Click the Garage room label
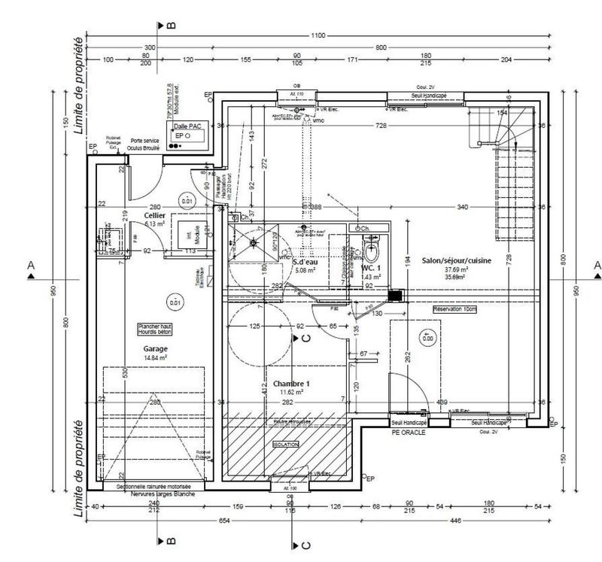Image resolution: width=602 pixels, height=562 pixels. (x=156, y=349)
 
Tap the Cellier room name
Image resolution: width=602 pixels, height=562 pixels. (x=154, y=216)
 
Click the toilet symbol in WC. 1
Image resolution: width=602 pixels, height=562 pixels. (x=369, y=248)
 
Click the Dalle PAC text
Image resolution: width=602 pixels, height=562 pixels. (x=186, y=127)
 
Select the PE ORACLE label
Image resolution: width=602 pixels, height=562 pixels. (x=409, y=433)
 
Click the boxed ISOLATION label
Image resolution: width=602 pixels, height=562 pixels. (x=287, y=445)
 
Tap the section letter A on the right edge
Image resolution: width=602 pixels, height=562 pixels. (x=597, y=266)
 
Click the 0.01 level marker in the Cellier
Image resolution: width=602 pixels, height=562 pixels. (x=187, y=201)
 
